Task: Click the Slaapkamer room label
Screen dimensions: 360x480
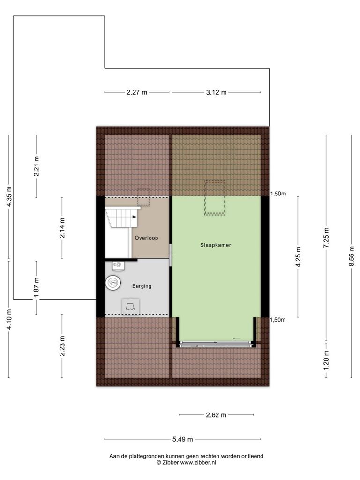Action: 216,245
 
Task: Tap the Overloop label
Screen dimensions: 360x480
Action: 146,238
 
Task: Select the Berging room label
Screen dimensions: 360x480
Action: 142,286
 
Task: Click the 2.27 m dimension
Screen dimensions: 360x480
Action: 137,92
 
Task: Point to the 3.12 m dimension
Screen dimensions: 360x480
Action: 216,92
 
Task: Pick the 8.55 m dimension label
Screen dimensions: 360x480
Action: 352,256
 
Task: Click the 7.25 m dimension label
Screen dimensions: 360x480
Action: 326,238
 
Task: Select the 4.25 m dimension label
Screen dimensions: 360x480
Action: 299,256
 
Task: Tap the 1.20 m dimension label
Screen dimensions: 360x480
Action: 326,360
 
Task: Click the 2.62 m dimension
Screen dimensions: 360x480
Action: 216,415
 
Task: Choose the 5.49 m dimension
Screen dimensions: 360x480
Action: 182,439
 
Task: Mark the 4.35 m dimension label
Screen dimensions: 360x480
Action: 9,196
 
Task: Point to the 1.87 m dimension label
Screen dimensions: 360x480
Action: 37,287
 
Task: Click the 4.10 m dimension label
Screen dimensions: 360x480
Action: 9,319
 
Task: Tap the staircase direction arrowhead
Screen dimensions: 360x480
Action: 135,217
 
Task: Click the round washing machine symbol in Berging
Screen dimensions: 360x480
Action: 113,282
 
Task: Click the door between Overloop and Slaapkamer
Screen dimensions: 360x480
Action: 171,255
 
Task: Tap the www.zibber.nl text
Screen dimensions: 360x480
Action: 198,463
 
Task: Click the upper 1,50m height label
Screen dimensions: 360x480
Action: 278,194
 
